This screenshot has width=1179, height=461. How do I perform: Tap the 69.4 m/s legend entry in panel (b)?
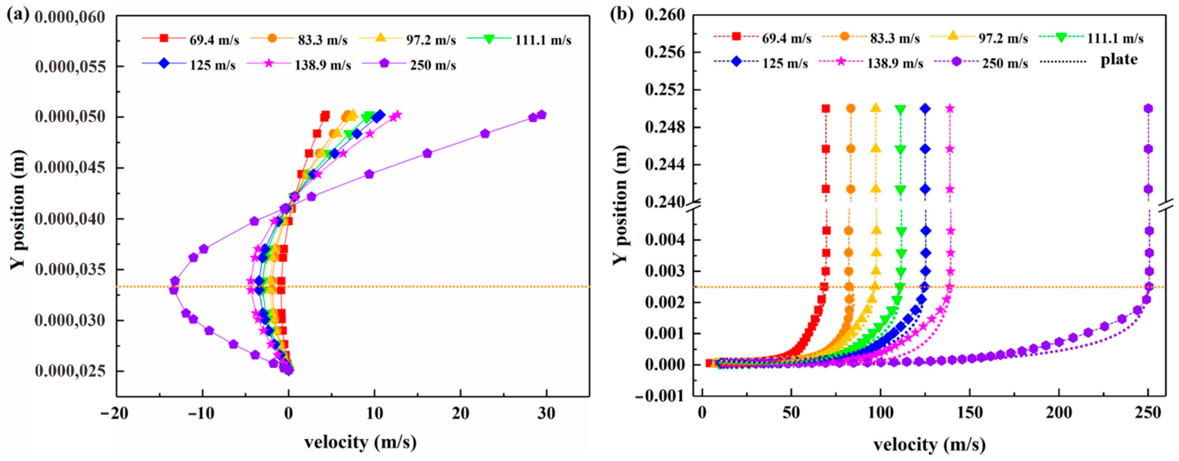762,38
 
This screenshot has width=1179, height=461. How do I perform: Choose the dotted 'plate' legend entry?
1089,60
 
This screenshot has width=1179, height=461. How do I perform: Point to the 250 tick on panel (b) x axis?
1148,413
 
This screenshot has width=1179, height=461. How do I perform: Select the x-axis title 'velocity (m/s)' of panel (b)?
929,444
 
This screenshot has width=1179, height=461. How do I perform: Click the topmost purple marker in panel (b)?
1148,109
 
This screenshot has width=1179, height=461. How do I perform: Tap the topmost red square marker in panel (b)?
826,109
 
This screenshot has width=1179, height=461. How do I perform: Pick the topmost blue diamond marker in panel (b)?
925,109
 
